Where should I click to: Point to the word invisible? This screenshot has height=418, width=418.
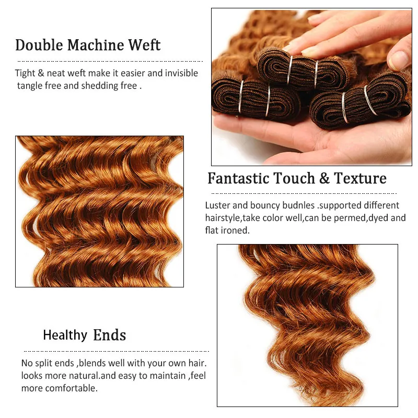(182, 73)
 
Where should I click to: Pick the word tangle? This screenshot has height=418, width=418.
(29, 86)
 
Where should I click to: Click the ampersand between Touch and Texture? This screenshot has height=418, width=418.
(324, 179)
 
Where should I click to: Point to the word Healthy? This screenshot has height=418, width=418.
(65, 335)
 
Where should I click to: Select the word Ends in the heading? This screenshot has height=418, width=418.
(109, 335)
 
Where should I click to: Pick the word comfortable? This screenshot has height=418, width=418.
(72, 388)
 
